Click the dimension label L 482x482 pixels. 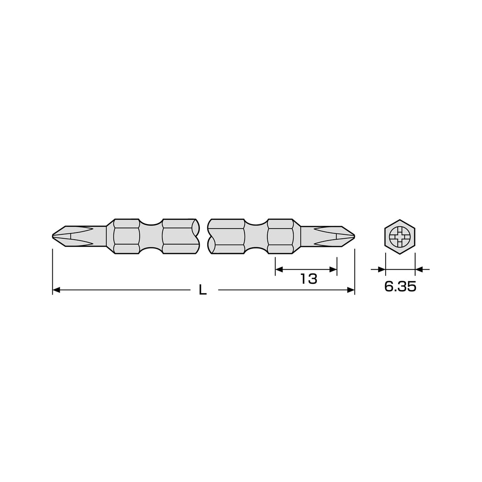pyautogui.click(x=203, y=290)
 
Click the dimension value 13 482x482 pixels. pyautogui.click(x=309, y=279)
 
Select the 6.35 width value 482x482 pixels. pyautogui.click(x=400, y=287)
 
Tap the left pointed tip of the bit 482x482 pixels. pyautogui.click(x=52, y=236)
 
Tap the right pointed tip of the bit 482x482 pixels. pyautogui.click(x=354, y=236)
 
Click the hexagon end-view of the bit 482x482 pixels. pyautogui.click(x=399, y=237)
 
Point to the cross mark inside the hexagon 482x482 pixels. pyautogui.click(x=399, y=237)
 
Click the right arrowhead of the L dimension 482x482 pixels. pyautogui.click(x=350, y=290)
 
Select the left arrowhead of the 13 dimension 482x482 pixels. pyautogui.click(x=279, y=270)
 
